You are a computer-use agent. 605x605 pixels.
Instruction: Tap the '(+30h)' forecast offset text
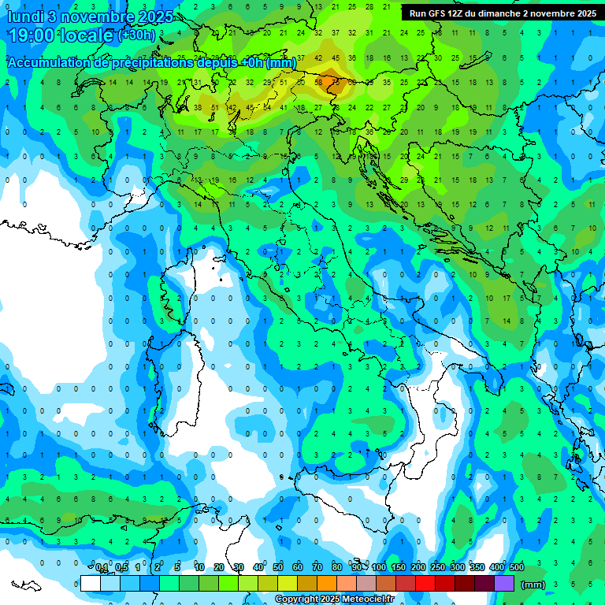coord(137,35)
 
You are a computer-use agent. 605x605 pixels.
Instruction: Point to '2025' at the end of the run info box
coord(582,13)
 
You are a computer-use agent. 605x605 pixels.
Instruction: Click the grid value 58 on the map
coord(319,81)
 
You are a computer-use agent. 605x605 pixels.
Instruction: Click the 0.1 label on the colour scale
coord(102,568)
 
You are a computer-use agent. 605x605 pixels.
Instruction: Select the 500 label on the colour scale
coord(517,568)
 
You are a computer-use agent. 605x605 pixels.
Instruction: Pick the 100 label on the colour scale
coord(379,568)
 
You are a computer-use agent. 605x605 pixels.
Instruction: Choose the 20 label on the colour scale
coord(218,568)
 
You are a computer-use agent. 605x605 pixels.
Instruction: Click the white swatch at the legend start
coord(91,584)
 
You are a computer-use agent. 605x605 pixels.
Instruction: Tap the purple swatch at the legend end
coord(504,584)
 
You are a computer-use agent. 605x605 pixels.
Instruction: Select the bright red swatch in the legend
coord(425,584)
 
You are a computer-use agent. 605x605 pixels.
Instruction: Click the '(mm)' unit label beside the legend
coord(533,585)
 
